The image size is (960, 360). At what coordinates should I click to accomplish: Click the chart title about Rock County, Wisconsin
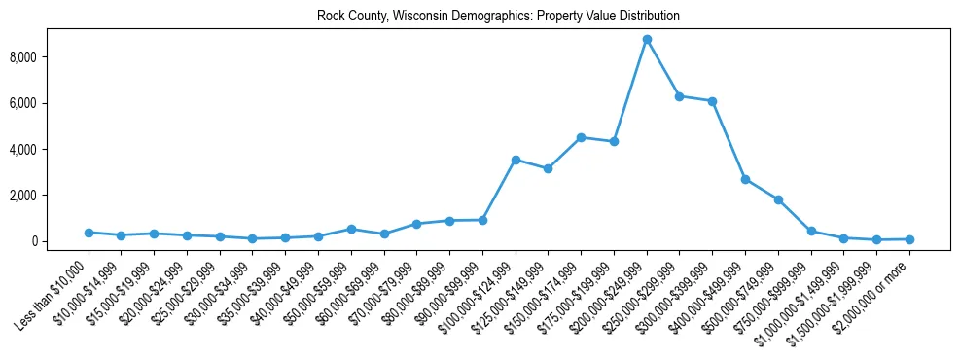click(x=498, y=17)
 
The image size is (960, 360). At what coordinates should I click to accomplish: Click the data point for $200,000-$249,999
click(x=647, y=39)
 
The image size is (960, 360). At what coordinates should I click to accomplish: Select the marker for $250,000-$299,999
click(x=680, y=96)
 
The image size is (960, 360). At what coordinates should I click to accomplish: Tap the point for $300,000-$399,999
click(x=713, y=101)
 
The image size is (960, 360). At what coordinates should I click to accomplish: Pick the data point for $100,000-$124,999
click(x=516, y=160)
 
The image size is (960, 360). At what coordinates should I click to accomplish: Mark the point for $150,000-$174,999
click(x=581, y=137)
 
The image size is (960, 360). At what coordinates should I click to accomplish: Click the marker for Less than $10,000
click(x=89, y=233)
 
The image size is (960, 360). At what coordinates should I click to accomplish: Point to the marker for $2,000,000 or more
click(x=909, y=239)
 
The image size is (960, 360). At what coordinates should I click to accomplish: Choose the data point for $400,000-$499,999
click(x=745, y=179)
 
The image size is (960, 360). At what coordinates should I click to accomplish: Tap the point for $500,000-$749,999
click(x=778, y=199)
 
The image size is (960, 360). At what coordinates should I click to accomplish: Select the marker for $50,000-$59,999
click(x=351, y=229)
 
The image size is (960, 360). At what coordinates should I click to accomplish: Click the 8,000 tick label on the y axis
click(x=50, y=57)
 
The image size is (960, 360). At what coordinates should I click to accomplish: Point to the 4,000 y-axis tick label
click(x=50, y=150)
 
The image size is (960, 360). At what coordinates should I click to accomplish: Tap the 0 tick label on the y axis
click(x=59, y=241)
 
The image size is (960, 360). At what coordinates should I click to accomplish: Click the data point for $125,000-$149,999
click(x=549, y=169)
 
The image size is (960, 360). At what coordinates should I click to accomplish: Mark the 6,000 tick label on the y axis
click(x=50, y=103)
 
